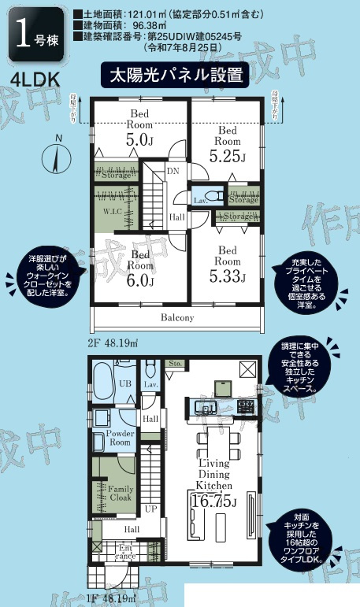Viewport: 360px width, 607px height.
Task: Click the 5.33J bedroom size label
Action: [x=227, y=276]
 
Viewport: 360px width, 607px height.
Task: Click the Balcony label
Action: [x=178, y=318]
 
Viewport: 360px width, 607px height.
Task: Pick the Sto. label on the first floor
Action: [x=175, y=364]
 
